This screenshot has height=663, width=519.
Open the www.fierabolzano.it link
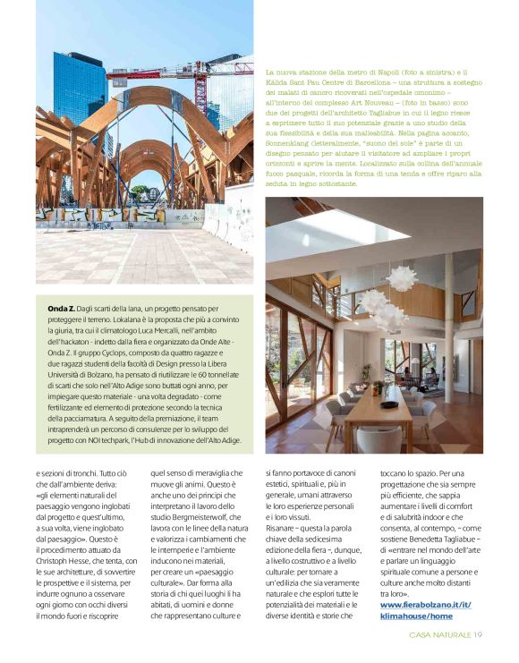click(x=425, y=606)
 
